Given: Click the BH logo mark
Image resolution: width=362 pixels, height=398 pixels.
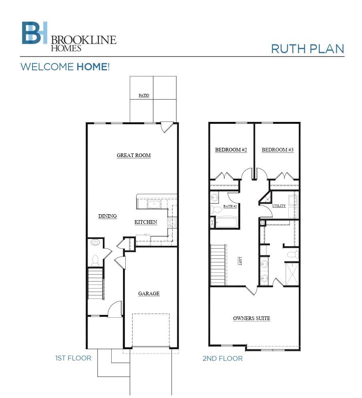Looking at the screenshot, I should pos(34,33).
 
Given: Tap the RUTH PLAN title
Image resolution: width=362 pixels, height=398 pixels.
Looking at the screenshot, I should pos(307,49).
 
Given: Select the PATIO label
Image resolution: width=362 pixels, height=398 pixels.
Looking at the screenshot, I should pos(144,96).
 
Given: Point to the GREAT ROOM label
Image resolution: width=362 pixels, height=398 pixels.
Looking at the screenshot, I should pos(133,155).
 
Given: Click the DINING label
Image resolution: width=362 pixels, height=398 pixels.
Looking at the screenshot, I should pos(107,216).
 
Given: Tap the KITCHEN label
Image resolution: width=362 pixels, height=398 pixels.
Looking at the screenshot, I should pos(145,222).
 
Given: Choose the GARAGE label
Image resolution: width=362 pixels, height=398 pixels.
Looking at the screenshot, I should pos(149,294).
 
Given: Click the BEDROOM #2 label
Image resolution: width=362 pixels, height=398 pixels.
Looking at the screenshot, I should pos(231,150).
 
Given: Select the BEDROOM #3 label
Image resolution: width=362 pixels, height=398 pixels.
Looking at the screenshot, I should pos(278,150).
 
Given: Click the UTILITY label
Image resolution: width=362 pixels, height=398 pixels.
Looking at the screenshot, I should pos(279,206).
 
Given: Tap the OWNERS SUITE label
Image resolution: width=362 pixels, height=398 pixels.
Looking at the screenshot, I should pos(251,318).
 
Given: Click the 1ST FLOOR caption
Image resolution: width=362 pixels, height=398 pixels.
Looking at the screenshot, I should pos(73,358).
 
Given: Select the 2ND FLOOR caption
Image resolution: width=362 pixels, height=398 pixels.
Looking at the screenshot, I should pos(222,358).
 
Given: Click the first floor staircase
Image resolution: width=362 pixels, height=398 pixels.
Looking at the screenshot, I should pos(95,284).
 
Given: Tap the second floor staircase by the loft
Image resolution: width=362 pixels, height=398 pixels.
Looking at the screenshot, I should pos(218,265).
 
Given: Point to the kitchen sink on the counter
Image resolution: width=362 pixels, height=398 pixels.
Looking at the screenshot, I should pos(154,205).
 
